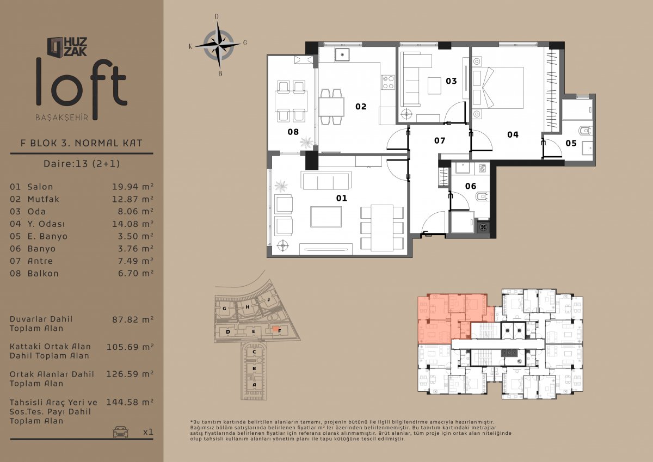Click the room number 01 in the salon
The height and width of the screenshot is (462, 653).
coord(341,198)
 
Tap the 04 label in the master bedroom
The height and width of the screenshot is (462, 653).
coord(513,134)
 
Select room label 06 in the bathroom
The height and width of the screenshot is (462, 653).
coord(471,186)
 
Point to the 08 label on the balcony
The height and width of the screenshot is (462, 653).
coord(293,132)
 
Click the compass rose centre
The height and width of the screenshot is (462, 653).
coord(218,46)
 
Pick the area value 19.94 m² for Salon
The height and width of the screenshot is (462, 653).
coord(133,187)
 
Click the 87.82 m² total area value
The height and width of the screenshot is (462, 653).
coord(133,319)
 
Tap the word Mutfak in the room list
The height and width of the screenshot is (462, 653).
coord(43,199)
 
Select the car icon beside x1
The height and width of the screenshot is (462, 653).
coord(120,432)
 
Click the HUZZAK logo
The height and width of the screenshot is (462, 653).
coord(67,47)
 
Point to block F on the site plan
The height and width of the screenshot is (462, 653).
coord(279,331)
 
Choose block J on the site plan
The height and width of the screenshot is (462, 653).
coord(268,299)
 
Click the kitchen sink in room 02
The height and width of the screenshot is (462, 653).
coord(342,55)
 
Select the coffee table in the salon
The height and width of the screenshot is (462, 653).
coord(325,217)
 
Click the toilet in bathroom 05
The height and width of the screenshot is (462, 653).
coord(585,131)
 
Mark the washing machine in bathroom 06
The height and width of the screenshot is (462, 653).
coord(482,169)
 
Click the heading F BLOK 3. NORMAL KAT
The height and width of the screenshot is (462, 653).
coord(81,143)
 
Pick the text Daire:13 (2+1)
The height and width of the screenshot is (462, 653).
coord(82,163)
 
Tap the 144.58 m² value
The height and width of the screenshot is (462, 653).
coord(130,402)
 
